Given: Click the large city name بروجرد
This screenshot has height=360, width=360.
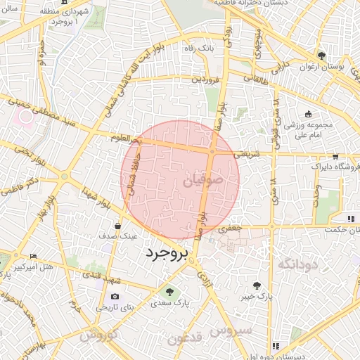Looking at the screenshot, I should (167, 255).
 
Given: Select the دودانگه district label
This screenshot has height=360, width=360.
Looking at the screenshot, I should (299, 264).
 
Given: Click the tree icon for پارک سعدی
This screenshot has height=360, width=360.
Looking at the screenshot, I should (168, 291).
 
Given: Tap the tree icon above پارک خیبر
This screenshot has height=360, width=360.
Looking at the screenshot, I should (257, 285).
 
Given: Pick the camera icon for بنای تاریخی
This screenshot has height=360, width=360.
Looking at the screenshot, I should (115, 297).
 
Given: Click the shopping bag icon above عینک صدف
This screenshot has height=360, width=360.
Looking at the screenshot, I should (117, 226).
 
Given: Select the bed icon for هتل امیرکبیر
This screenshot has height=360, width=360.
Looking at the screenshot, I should (33, 257).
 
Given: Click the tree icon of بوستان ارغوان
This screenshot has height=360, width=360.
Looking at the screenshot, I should (321, 56).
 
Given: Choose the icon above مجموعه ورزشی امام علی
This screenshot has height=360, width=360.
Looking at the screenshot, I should (308, 114).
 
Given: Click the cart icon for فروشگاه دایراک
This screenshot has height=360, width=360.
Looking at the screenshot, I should (335, 156).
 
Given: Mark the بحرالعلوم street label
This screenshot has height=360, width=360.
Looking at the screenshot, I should (126, 139).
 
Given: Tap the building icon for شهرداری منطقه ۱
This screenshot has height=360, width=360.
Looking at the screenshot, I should (65, 3).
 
